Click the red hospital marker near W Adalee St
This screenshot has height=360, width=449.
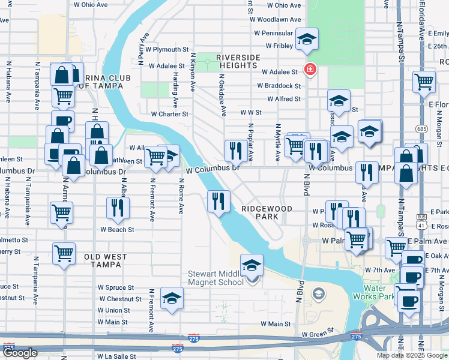[x=310, y=70]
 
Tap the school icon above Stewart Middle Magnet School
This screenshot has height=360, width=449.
[x=252, y=266]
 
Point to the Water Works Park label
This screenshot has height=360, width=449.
[x=378, y=292]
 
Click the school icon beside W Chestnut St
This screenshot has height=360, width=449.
[x=172, y=299]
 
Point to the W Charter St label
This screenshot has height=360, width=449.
[x=169, y=113]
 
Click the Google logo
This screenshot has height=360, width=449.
[x=20, y=353]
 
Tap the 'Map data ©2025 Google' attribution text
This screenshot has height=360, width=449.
[x=412, y=355]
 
